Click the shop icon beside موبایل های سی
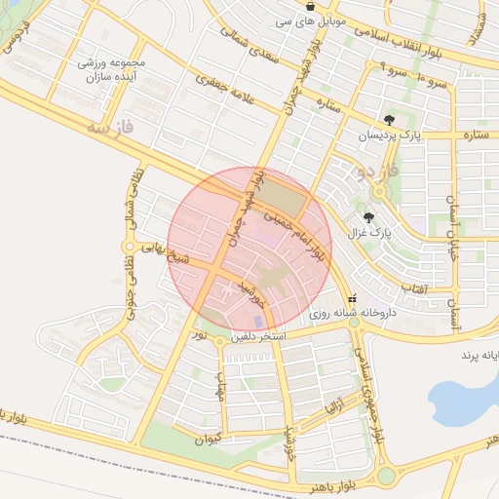click(x=310, y=6)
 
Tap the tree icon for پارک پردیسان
click(x=390, y=120)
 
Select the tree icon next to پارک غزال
click(x=368, y=218)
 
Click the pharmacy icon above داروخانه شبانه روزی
click(x=352, y=299)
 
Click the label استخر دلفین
click(x=257, y=336)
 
